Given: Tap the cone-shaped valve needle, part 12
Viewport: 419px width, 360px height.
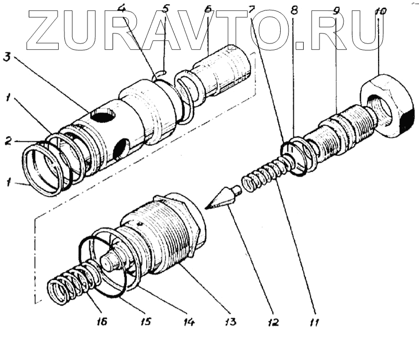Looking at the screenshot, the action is point(223,198).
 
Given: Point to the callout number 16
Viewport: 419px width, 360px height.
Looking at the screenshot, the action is point(102,321).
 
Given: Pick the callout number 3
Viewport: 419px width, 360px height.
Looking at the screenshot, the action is point(7,57).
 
